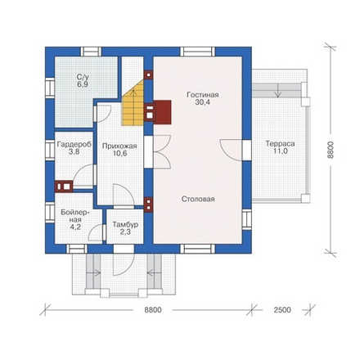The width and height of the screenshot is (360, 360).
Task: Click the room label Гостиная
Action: pyautogui.click(x=202, y=95)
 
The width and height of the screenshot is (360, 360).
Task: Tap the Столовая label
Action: pyautogui.click(x=198, y=199)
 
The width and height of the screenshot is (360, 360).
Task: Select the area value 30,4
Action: pyautogui.click(x=202, y=102)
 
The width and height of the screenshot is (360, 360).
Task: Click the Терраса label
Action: pyautogui.click(x=280, y=144)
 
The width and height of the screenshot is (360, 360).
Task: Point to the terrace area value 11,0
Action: pyautogui.click(x=281, y=151)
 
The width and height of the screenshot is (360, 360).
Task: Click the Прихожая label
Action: pyautogui.click(x=119, y=146)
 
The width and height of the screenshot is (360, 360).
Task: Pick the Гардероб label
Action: pyautogui.click(x=74, y=145)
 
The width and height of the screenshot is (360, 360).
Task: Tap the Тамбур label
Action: pyautogui.click(x=125, y=225)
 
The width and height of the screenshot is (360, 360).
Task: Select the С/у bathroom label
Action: pyautogui.click(x=83, y=77)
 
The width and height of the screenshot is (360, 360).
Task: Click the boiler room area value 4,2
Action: pyautogui.click(x=75, y=227)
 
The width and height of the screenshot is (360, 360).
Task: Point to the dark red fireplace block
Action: pyautogui.click(x=163, y=112)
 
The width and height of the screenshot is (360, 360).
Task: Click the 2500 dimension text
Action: pyautogui.click(x=282, y=310)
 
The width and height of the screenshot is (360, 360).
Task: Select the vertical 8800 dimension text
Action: pyautogui.click(x=331, y=150)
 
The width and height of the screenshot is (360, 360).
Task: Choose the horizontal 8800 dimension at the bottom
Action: pyautogui.click(x=153, y=310)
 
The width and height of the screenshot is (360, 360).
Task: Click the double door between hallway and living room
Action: pyautogui.click(x=162, y=151)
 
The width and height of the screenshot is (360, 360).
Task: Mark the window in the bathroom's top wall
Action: pyautogui.click(x=91, y=52)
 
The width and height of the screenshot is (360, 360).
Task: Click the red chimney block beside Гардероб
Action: pyautogui.click(x=64, y=187)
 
